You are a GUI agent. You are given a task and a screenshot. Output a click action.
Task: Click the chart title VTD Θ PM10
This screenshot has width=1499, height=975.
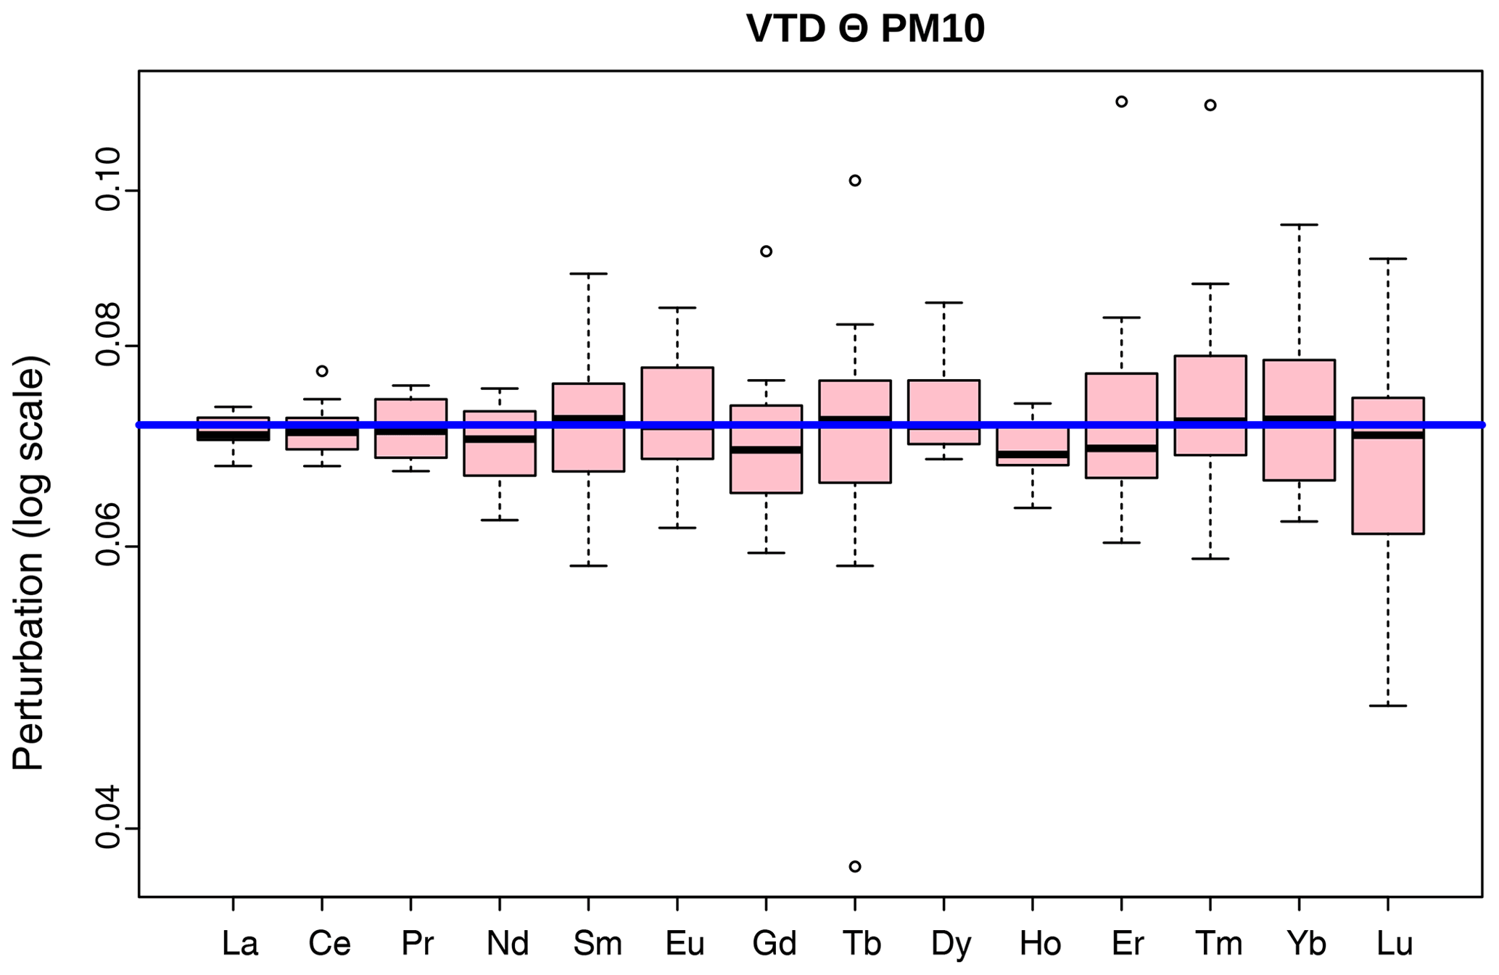(865, 30)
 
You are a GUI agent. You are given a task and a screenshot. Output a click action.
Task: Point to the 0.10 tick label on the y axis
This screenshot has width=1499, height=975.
(108, 179)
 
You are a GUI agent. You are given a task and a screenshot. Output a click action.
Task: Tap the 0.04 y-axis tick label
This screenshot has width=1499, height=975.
(108, 816)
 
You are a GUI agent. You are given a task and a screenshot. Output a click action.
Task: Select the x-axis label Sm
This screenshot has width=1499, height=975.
(597, 944)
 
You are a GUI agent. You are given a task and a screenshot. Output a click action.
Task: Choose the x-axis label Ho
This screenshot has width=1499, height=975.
(1040, 944)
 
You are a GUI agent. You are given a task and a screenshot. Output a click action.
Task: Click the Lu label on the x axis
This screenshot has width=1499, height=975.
(1395, 944)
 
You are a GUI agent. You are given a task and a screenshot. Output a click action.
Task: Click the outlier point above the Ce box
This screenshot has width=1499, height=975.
(322, 371)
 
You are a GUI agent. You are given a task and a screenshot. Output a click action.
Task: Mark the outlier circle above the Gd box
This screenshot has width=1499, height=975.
(766, 252)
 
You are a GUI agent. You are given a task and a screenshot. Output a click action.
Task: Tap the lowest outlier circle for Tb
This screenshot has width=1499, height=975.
(855, 866)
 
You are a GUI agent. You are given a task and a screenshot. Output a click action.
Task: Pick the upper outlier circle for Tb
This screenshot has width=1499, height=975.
(855, 181)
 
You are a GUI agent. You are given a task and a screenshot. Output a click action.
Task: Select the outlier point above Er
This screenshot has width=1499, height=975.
(1121, 101)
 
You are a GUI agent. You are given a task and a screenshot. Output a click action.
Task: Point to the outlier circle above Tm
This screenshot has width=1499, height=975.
(1210, 105)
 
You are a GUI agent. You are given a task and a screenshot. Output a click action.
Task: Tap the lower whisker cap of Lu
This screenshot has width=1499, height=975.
(1388, 705)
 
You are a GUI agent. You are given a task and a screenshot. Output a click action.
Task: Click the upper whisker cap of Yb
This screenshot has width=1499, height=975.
(1299, 225)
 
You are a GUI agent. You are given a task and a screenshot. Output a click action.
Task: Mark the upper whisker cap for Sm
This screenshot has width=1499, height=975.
(588, 274)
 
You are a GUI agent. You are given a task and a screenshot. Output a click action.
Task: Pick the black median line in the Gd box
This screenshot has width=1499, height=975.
(766, 450)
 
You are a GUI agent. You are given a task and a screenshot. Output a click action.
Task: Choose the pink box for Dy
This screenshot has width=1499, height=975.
(943, 402)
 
